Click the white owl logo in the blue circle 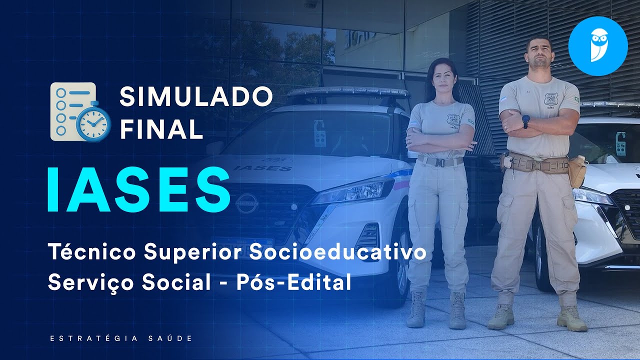[598, 45]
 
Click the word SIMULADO [196, 97]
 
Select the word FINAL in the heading [161, 129]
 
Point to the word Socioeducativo [337, 252]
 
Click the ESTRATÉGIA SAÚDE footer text [121, 338]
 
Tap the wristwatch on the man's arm [525, 121]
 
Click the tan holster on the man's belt [577, 171]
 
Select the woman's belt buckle [439, 162]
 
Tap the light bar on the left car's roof [348, 92]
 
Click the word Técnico [92, 252]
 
